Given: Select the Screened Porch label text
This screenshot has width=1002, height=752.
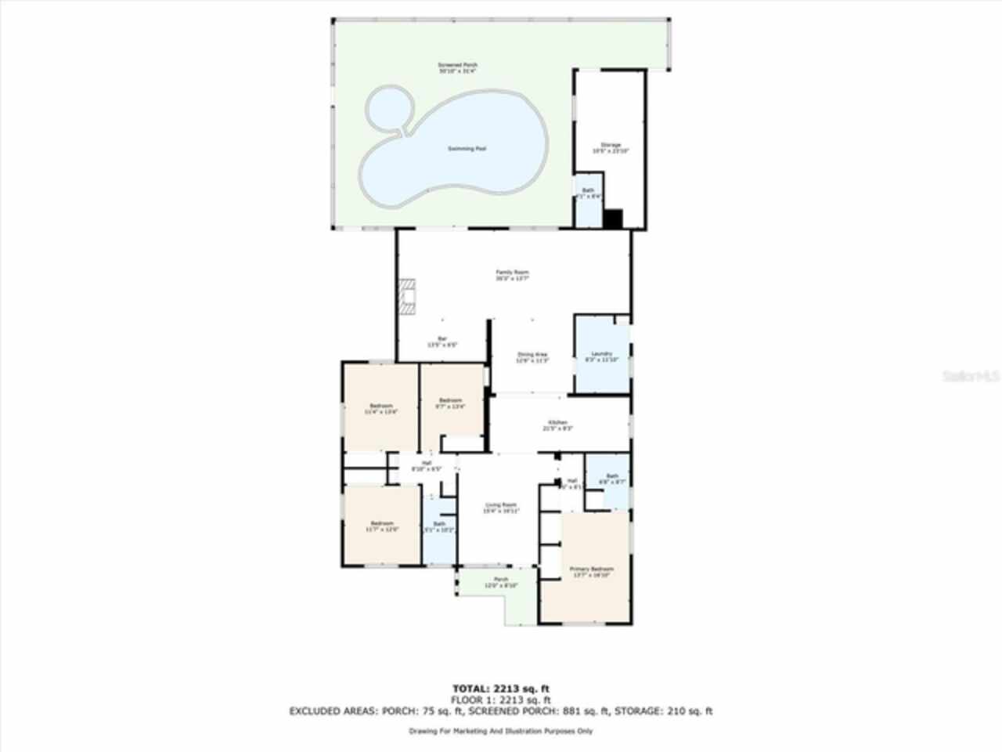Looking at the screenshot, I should (x=457, y=67).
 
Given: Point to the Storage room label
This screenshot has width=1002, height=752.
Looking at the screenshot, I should (x=611, y=147).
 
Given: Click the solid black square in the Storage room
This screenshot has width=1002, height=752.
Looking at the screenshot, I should (x=613, y=219).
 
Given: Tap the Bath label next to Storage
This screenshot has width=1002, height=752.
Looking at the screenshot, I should (x=588, y=193).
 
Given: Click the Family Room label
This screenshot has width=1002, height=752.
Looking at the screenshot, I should (x=512, y=275).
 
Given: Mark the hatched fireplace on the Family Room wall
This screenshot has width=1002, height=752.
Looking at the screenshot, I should (x=406, y=296).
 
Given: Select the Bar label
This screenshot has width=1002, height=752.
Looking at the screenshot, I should (x=442, y=342).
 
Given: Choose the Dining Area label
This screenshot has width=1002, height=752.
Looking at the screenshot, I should (x=532, y=357).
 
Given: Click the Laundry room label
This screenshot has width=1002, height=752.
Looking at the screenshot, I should (x=602, y=356).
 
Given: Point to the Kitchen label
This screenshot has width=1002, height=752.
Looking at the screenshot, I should (x=558, y=425).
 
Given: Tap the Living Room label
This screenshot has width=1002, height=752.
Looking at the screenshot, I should (x=501, y=508).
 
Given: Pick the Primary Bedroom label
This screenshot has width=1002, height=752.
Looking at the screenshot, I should (x=591, y=572).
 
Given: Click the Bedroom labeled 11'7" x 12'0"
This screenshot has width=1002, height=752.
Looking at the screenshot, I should (x=382, y=526).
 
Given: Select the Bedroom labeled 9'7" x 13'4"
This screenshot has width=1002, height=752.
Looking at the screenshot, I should (x=450, y=403).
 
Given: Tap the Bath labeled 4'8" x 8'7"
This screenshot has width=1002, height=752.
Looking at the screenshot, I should (x=612, y=479).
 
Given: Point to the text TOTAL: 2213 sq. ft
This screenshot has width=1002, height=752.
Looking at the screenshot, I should (x=500, y=688).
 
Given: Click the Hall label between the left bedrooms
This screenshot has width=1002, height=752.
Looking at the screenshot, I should (x=427, y=465).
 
